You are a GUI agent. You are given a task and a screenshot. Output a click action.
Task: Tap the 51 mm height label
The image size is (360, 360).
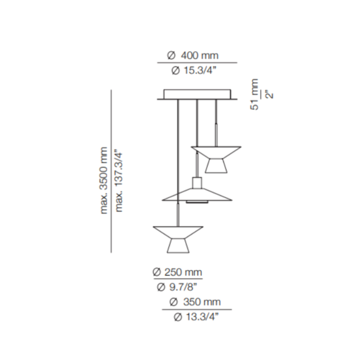[255, 94]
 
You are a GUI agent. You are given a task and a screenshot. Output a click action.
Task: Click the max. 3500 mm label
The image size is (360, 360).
[104, 180]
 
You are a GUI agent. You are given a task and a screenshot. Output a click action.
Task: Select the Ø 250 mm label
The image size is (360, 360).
[177, 272]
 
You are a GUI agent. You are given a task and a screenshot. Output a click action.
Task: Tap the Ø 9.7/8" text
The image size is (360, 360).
[177, 287]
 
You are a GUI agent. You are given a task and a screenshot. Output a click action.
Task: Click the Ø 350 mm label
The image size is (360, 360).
[195, 302]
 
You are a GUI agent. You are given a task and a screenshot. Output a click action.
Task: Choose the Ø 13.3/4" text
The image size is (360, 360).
[197, 317]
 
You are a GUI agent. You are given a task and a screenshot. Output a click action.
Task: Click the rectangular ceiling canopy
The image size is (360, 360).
[197, 94]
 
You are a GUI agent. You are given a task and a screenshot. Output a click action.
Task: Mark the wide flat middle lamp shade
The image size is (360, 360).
[197, 195]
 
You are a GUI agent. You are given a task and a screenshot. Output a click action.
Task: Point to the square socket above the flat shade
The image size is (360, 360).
[197, 182]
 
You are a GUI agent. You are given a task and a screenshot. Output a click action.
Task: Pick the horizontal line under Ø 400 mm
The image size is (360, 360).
[197, 63]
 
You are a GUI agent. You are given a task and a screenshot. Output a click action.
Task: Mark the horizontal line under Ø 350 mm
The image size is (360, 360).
[197, 310]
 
